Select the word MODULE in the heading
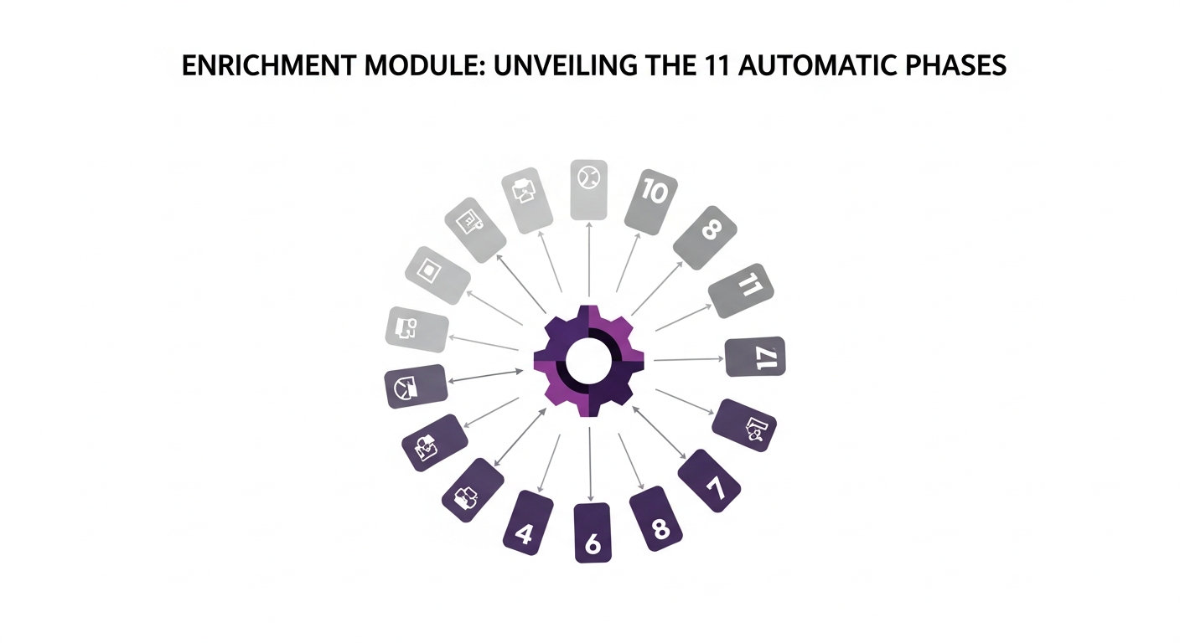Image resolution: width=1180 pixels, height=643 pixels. pyautogui.click(x=425, y=66)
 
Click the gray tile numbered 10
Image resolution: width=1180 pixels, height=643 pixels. pyautogui.click(x=651, y=202)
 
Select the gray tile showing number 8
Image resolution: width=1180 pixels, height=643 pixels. pyautogui.click(x=706, y=237)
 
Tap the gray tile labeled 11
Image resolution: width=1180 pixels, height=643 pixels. pyautogui.click(x=741, y=291)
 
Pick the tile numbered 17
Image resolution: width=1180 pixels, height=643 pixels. pyautogui.click(x=755, y=357)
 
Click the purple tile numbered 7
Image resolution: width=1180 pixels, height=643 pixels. pyautogui.click(x=709, y=481)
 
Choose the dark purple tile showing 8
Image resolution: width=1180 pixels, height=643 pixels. pyautogui.click(x=656, y=518)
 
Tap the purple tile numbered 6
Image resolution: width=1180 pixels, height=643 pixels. pyautogui.click(x=593, y=532)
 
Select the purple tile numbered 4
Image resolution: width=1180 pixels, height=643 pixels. pyautogui.click(x=528, y=522)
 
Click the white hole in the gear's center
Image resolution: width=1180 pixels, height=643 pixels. pyautogui.click(x=588, y=361)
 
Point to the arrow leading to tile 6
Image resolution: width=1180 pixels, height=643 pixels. pyautogui.click(x=590, y=464)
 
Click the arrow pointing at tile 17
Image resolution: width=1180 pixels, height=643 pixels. pyautogui.click(x=689, y=359)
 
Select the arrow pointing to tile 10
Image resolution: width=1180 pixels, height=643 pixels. pyautogui.click(x=629, y=262)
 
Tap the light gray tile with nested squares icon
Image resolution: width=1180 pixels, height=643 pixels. pyautogui.click(x=437, y=275)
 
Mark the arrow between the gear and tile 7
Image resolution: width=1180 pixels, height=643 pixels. pyautogui.click(x=659, y=433)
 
